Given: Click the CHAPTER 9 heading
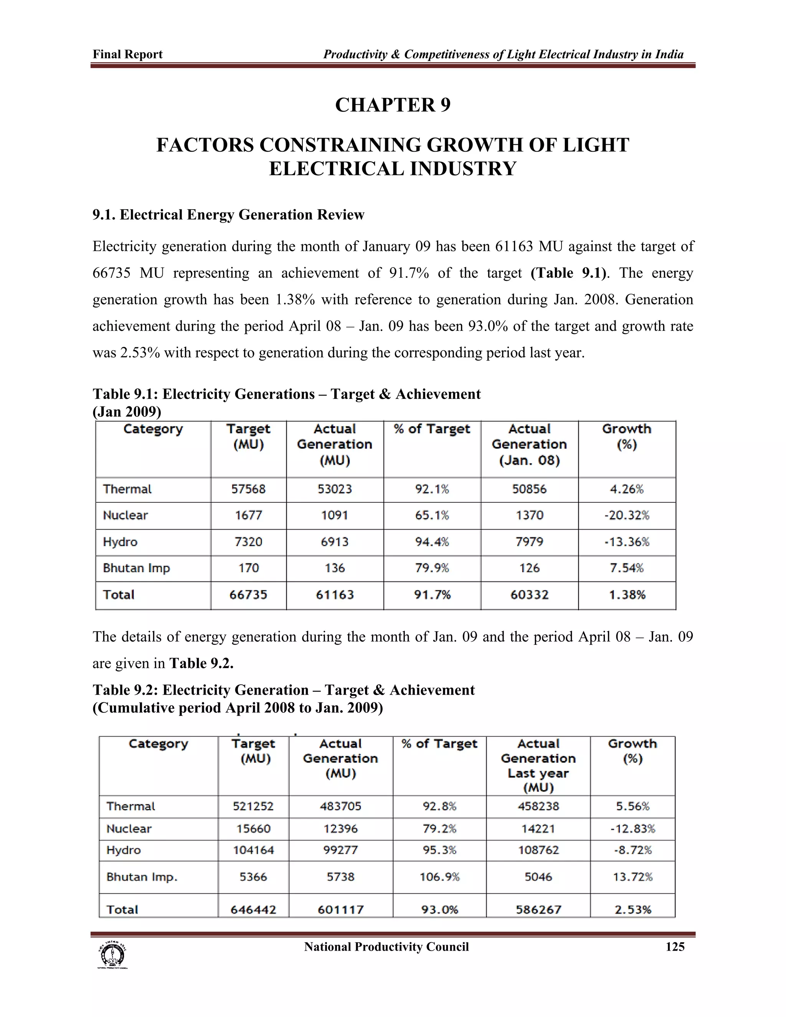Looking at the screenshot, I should click(x=393, y=105).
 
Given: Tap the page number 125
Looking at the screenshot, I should click(x=675, y=947).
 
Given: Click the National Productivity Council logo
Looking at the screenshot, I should click(x=112, y=954).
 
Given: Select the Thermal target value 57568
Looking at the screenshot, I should click(x=248, y=489).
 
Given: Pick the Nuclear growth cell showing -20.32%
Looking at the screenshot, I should click(x=627, y=515).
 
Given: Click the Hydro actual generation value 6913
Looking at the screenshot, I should click(x=334, y=542).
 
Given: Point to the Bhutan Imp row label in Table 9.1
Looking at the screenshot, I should click(x=136, y=568).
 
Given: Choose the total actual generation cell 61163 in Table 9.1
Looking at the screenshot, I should click(x=334, y=594).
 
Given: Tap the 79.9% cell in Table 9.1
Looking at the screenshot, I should click(x=432, y=568).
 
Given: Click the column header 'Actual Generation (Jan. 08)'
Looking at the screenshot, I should click(x=529, y=445).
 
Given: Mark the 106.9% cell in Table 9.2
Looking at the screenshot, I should click(x=439, y=877).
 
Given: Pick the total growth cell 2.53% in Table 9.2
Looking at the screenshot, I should click(x=632, y=910).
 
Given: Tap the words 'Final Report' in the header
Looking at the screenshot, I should click(x=127, y=54).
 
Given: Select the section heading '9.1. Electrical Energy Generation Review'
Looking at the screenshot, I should click(x=228, y=215).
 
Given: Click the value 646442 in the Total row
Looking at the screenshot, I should click(x=253, y=910).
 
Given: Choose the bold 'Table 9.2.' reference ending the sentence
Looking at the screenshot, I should click(x=201, y=663).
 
